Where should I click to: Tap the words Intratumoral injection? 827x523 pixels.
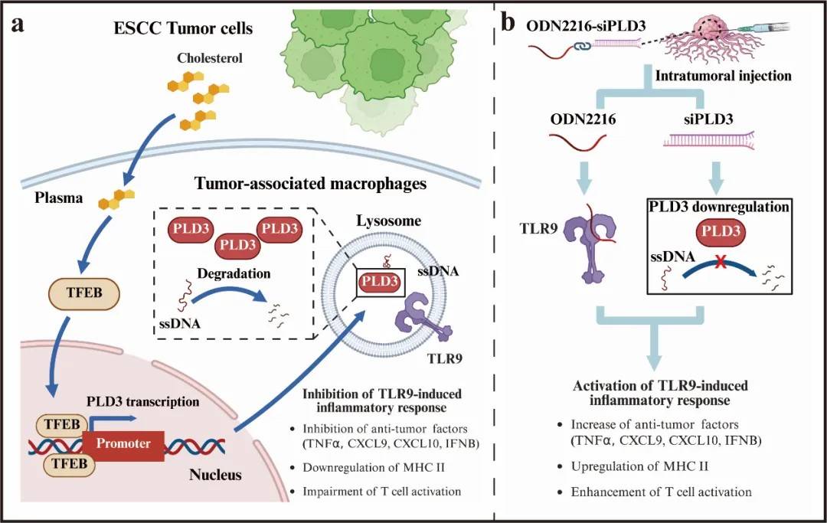722,76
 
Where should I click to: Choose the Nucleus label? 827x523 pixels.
215,476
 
